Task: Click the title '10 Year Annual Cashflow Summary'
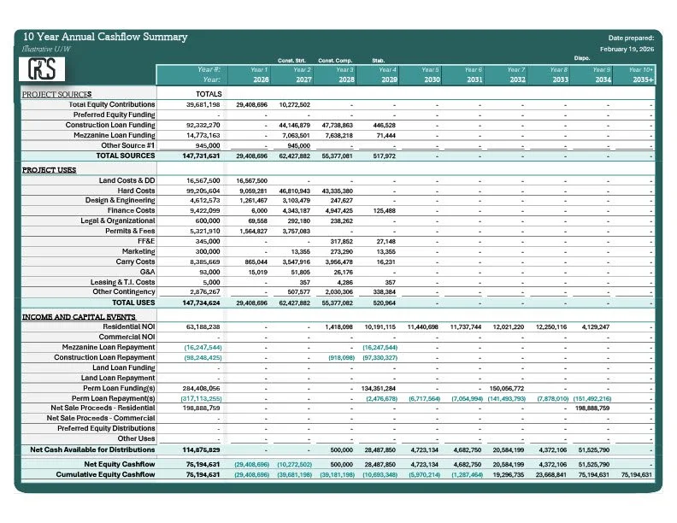pos(105,38)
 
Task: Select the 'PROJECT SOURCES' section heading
pos(56,94)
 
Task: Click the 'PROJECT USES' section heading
pos(50,170)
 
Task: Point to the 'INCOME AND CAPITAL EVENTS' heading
pos(79,316)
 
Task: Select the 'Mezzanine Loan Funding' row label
pos(111,135)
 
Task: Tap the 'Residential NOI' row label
pos(129,326)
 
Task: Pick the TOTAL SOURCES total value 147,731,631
pos(202,156)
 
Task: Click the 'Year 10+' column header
pos(640,69)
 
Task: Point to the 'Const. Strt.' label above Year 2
pos(293,60)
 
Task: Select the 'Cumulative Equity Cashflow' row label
pos(106,474)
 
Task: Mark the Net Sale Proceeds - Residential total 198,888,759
pos(202,408)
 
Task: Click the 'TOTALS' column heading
pos(209,94)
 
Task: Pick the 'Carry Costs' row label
pos(137,262)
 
